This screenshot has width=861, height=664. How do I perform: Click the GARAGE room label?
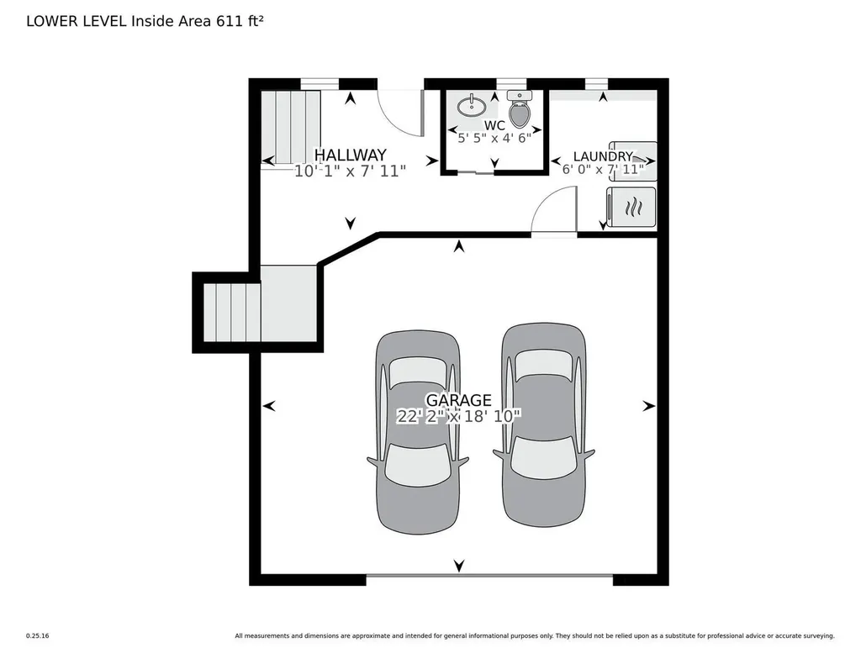click(458, 400)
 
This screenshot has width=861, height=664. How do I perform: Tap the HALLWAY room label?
click(351, 155)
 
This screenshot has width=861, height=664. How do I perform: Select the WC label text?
click(494, 125)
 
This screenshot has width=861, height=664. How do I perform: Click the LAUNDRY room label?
click(603, 156)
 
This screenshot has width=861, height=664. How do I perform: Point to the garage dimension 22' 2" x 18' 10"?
click(458, 417)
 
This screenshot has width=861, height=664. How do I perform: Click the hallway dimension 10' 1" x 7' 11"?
click(351, 171)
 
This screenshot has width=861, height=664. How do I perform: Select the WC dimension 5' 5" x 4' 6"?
click(494, 138)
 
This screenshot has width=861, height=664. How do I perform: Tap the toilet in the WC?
click(520, 109)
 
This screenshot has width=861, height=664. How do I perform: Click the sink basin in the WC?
click(471, 105)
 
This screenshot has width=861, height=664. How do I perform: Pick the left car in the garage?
click(418, 432)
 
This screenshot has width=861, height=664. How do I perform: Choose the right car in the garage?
click(544, 424)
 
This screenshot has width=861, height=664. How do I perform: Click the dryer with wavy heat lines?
click(631, 207)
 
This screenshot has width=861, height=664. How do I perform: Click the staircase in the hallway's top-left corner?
click(290, 127)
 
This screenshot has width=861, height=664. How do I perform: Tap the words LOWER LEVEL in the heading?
click(77, 21)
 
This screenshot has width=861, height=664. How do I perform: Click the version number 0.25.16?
click(37, 636)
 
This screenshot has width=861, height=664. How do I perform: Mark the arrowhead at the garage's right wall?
click(649, 406)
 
